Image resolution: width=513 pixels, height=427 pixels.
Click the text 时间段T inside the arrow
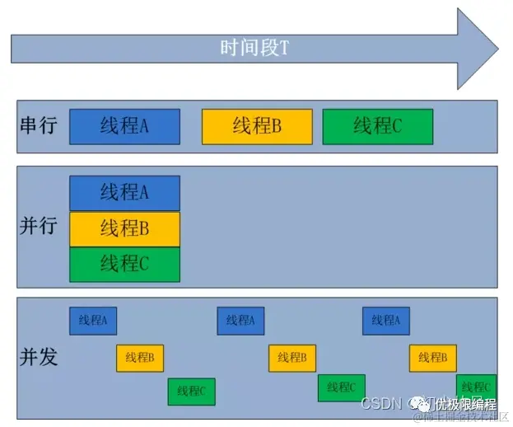254,48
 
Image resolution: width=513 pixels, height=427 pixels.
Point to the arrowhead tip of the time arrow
498,49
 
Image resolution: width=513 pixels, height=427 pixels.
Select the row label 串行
38,126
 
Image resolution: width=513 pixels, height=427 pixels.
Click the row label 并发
38,357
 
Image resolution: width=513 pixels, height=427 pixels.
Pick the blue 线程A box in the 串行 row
124,126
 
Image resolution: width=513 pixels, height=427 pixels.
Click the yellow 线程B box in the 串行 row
257,126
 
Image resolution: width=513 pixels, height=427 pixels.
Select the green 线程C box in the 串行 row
378,126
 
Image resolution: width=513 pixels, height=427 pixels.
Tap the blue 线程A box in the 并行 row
124,193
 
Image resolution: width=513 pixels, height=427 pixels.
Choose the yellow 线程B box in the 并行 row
124,228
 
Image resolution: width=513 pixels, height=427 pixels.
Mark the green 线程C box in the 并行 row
124,264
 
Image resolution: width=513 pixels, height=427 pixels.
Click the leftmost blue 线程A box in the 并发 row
93,320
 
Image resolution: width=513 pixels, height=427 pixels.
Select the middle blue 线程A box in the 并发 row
240,320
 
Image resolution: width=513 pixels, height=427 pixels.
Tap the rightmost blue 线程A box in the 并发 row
385,320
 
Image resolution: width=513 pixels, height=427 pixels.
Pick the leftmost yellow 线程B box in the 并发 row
140,358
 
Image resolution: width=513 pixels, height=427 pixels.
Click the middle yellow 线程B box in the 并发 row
292,358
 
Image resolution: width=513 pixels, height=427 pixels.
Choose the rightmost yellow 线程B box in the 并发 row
433,358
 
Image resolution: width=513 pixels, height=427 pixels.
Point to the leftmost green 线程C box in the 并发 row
191,391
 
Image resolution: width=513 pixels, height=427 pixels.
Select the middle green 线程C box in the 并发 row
341,387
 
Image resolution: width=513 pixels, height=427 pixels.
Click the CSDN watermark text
380,403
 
